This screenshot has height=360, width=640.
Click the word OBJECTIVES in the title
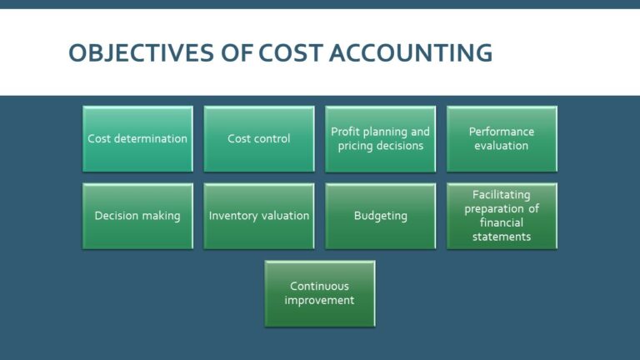[x=140, y=53]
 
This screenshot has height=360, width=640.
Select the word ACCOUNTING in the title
[x=411, y=53]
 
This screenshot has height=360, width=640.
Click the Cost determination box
[x=137, y=138]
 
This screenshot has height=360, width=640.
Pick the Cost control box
[x=259, y=138]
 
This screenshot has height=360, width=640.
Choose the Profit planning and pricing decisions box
[x=380, y=138]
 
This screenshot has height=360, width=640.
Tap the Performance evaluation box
[x=502, y=138]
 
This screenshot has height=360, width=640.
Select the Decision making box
[x=137, y=216]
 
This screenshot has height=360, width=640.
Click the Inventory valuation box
[x=259, y=216]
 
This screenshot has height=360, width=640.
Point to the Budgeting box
[x=380, y=216]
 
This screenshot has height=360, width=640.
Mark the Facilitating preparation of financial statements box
[x=502, y=216]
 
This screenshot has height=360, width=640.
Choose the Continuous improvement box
[x=320, y=293]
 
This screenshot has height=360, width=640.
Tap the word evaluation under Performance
[x=502, y=146]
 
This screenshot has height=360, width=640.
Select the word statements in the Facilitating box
[x=502, y=237]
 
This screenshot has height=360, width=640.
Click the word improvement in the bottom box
[x=320, y=301]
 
